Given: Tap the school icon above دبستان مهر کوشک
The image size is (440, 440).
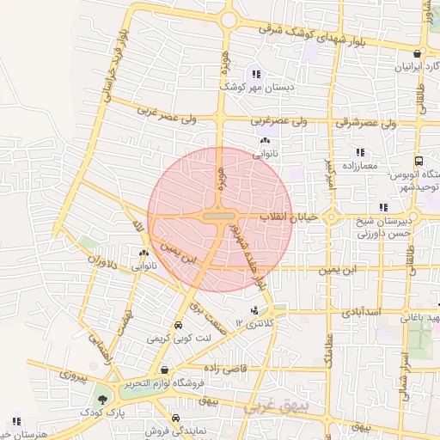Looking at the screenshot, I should (256, 73).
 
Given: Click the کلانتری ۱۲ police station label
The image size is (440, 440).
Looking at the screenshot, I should (259, 324).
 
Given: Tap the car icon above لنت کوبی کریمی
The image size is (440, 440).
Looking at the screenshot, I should (178, 327).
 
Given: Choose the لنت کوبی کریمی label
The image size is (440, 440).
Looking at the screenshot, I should (179, 339).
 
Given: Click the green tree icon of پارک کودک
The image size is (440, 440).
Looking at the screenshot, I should (102, 399).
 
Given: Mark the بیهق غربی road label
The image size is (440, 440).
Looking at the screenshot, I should (272, 406).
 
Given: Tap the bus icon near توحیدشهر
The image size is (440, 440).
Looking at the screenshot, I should (417, 161).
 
